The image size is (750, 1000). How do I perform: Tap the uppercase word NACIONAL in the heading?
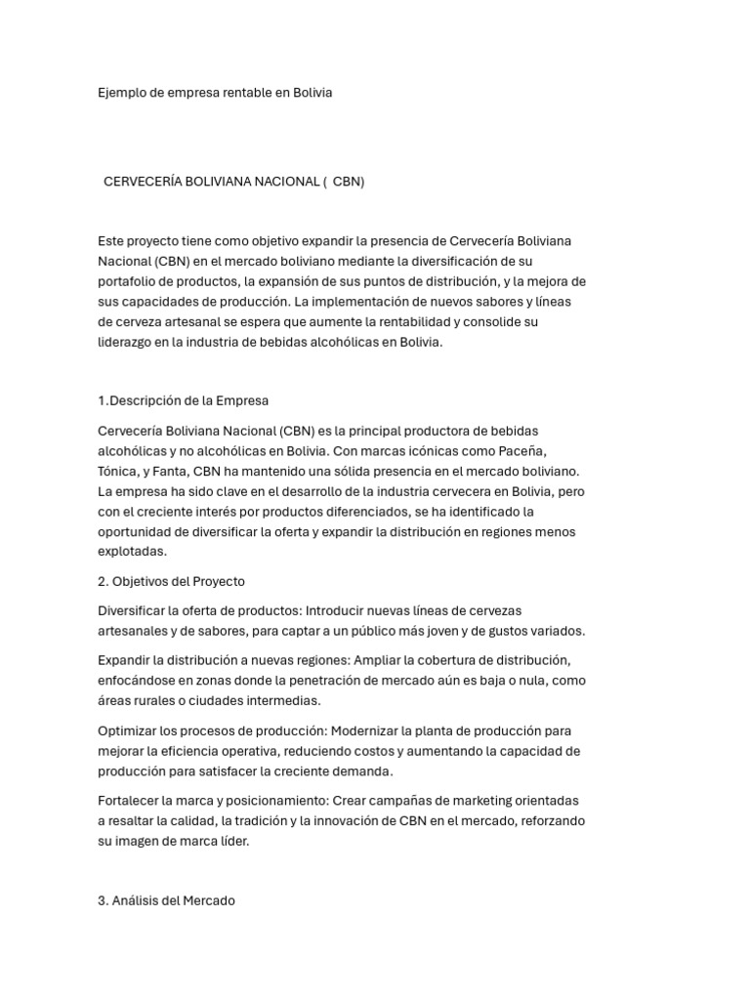pyautogui.click(x=286, y=182)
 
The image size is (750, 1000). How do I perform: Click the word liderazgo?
pyautogui.click(x=128, y=343)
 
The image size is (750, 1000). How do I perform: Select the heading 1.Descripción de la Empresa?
pyautogui.click(x=184, y=400)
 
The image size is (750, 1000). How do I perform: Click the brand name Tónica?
pyautogui.click(x=118, y=471)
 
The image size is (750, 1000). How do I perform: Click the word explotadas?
pyautogui.click(x=132, y=552)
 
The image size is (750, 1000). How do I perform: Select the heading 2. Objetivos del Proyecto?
pyautogui.click(x=171, y=581)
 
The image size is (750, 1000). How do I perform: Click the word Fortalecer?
pyautogui.click(x=131, y=801)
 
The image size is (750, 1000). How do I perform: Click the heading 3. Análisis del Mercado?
pyautogui.click(x=167, y=900)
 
